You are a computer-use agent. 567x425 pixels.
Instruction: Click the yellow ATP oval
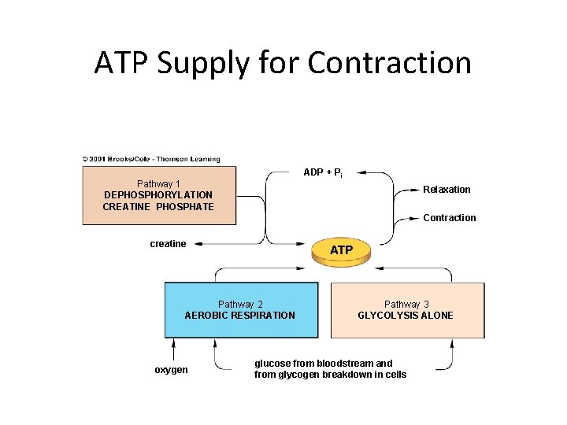341,250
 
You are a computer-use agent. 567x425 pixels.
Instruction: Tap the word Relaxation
447,190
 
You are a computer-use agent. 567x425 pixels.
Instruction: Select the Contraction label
450,218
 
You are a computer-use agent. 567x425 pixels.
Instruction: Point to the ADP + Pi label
322,172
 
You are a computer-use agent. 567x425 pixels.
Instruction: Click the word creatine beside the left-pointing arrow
168,244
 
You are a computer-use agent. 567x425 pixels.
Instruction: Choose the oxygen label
171,370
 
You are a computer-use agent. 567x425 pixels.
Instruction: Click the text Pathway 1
158,184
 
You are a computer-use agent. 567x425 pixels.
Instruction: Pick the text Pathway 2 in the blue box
240,305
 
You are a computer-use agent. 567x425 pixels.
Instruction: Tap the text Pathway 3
406,305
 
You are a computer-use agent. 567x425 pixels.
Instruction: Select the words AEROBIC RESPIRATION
240,316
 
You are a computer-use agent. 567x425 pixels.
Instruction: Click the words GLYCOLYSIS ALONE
406,316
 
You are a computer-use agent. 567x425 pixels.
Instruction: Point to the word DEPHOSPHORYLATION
158,195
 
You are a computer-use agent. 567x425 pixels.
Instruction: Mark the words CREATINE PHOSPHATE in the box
158,207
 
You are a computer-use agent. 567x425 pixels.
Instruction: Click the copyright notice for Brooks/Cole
151,159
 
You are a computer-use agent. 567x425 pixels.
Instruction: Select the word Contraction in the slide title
389,63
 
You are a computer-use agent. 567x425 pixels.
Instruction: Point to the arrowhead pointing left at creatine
198,244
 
